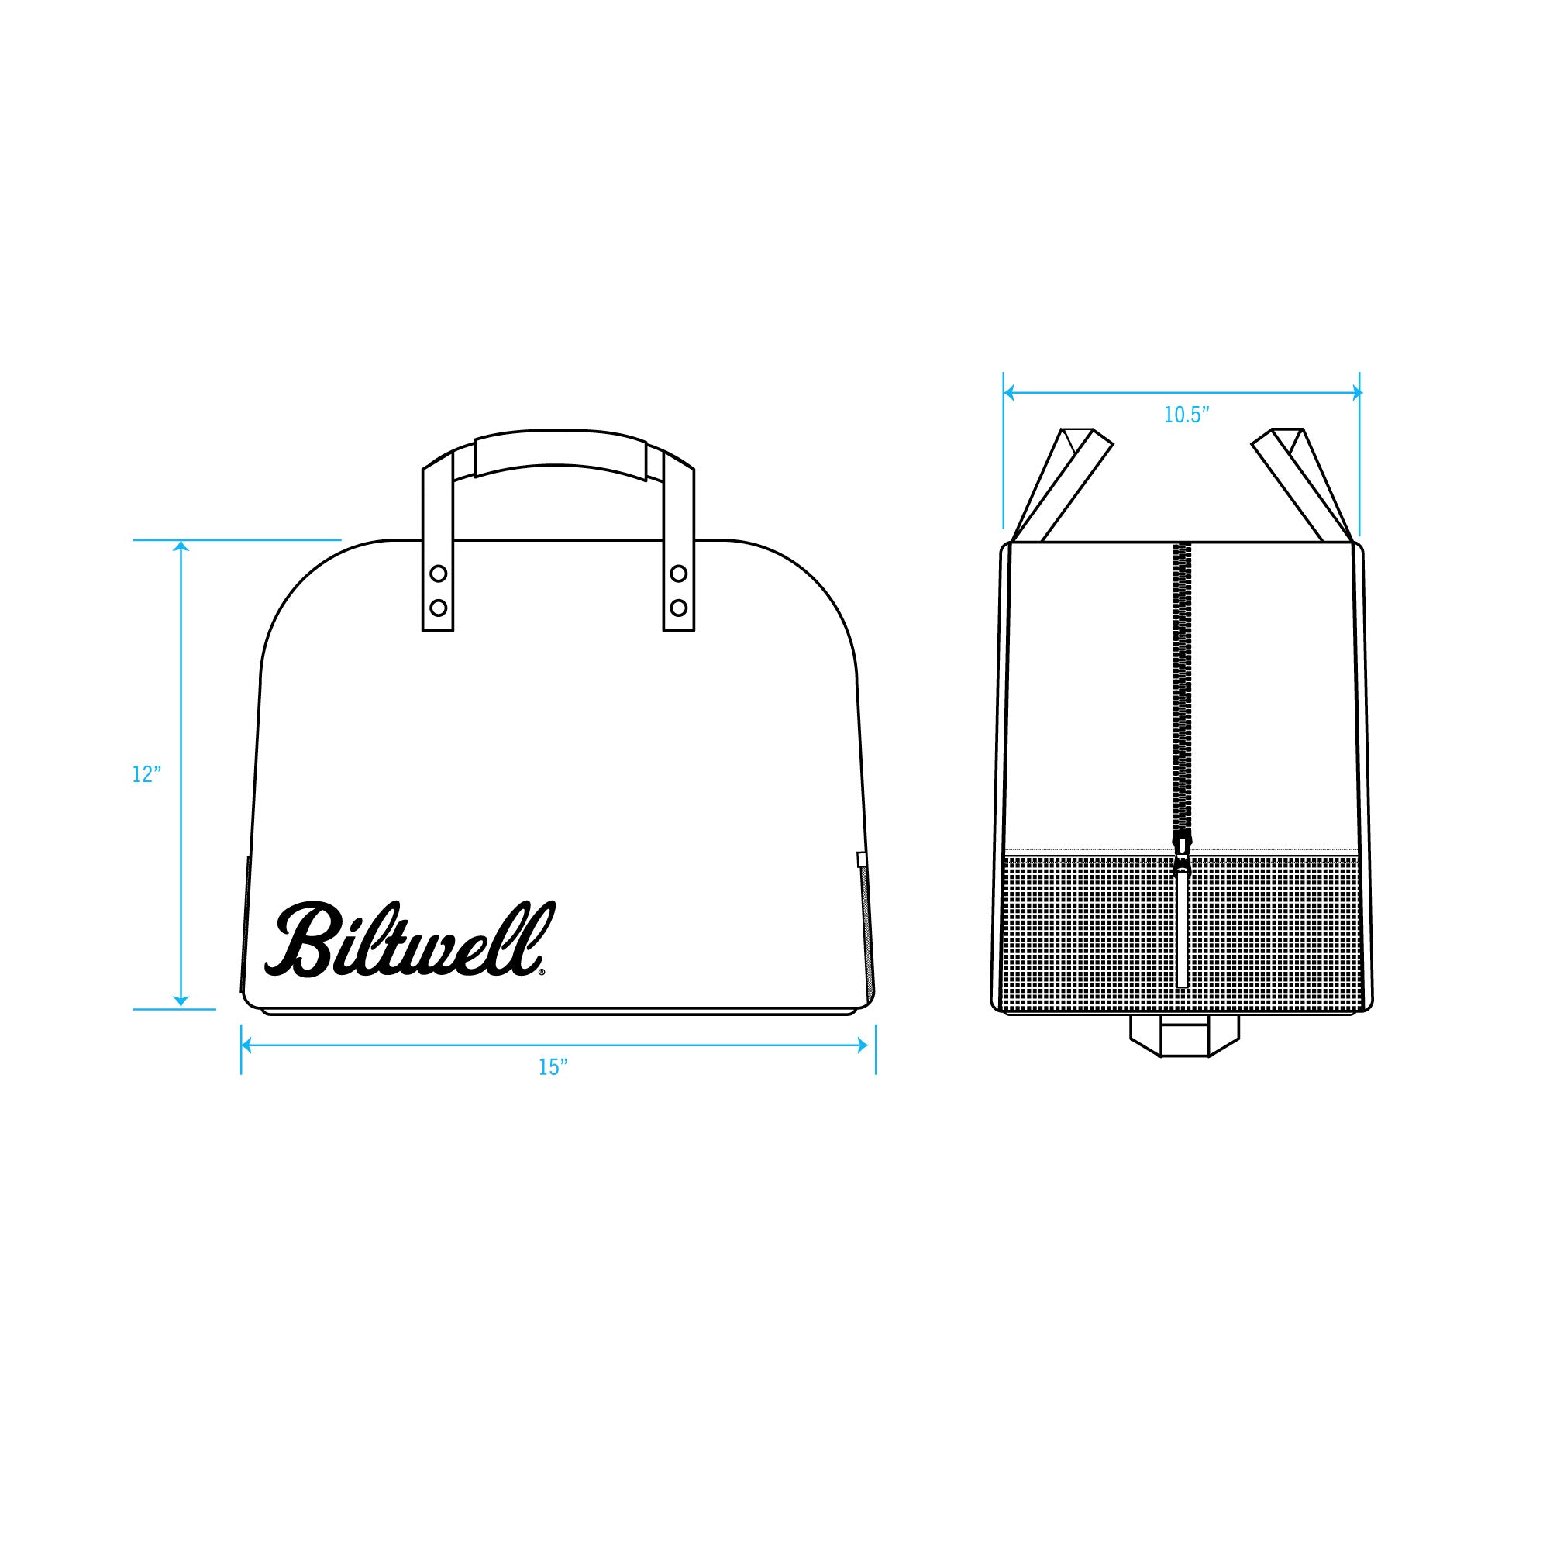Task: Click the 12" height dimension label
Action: coord(146,774)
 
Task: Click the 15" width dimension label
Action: coord(553,1067)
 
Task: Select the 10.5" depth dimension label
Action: coord(1187,415)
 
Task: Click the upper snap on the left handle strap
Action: coord(438,573)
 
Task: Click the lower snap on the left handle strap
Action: coord(438,607)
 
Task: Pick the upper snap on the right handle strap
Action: coord(679,573)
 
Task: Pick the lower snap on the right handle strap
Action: coord(679,607)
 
